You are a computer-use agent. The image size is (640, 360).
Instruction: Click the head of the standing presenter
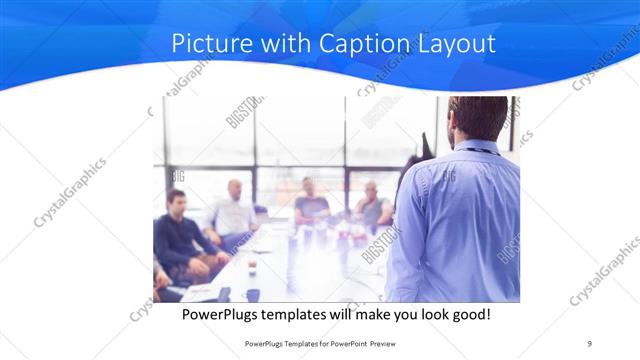[479, 118]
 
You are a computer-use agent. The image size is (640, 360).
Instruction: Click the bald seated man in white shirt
[233, 212]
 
